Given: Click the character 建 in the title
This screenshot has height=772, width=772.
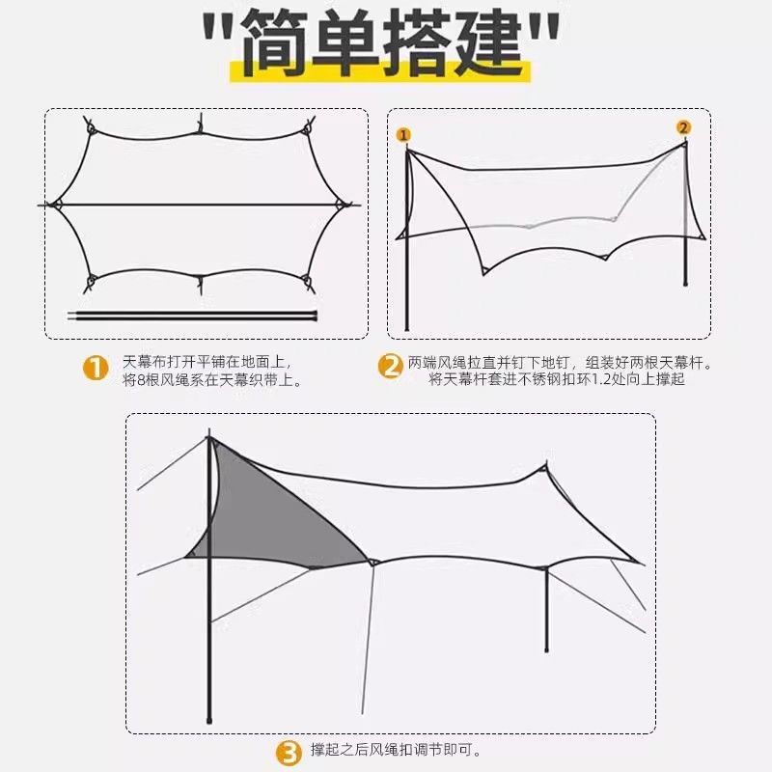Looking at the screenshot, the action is [x=487, y=42].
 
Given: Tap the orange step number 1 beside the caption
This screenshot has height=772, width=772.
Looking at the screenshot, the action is [x=96, y=369].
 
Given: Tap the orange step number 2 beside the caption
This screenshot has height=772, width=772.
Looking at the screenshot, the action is [x=391, y=367].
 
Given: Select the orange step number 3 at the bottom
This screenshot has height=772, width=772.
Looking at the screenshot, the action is [x=289, y=754].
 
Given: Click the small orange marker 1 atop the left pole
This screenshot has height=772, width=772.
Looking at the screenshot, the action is [x=403, y=135].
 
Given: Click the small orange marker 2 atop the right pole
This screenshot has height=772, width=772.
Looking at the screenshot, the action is [x=683, y=128].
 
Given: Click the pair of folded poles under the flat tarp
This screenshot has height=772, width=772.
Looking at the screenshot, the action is [x=192, y=316].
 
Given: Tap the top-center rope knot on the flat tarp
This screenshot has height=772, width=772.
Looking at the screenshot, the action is [x=200, y=125].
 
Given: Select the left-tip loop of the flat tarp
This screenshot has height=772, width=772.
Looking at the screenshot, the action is [x=55, y=205].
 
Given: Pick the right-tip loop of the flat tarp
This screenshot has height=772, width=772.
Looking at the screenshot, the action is [x=342, y=205].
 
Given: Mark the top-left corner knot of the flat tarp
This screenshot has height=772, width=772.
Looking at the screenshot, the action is [x=90, y=126].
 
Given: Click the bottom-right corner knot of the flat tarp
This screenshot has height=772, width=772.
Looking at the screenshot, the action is [x=308, y=283].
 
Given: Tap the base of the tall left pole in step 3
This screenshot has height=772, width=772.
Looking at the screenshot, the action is [x=209, y=721].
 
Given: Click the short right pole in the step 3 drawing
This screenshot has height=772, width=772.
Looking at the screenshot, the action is [x=546, y=610].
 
